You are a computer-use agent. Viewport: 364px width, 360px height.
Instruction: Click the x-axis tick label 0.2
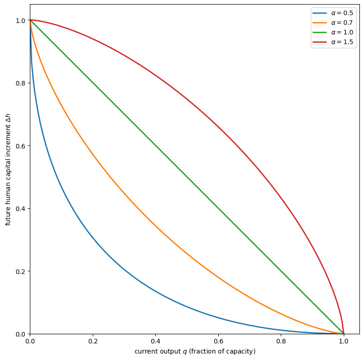(93, 342)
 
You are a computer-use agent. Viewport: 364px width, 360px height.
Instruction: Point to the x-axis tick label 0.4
(155, 342)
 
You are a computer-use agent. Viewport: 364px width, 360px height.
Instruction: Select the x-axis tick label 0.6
(218, 342)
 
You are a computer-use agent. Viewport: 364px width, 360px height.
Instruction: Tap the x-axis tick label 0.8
(281, 342)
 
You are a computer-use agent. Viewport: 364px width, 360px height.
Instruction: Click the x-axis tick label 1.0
(343, 342)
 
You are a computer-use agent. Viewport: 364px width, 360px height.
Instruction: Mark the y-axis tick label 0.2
(20, 271)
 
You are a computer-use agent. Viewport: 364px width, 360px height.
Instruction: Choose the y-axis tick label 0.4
(20, 209)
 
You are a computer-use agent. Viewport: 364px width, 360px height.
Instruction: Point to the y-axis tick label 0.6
(20, 146)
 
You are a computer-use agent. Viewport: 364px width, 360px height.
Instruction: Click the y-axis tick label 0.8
(20, 83)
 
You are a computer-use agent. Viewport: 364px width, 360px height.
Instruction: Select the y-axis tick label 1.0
(20, 21)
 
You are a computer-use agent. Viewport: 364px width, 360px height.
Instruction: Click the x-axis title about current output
(195, 352)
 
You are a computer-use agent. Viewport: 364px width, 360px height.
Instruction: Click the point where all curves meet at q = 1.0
(343, 334)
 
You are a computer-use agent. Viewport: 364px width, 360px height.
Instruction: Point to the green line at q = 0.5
(187, 177)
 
